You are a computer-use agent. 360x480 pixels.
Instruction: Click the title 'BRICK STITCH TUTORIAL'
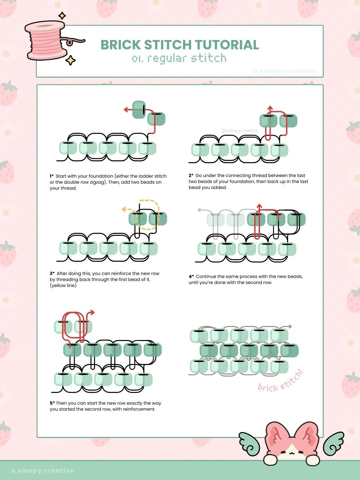coord(180,45)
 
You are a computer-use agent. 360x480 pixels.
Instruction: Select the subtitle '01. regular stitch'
coord(179,58)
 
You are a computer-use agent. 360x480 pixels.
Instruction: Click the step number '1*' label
coord(52,176)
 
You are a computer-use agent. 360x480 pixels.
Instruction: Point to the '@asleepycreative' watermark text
coord(239,131)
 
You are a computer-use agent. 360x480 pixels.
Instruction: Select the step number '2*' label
coord(191,175)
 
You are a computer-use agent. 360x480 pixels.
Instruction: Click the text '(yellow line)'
coord(63,285)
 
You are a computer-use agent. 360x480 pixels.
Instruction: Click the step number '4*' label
coord(191,276)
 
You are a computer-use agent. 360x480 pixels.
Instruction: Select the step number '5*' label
coord(52,403)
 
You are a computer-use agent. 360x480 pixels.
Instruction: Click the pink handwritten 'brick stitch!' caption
coord(281,381)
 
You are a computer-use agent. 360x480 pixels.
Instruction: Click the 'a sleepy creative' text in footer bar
coord(43,470)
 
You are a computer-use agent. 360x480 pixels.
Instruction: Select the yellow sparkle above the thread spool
coord(62,16)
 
